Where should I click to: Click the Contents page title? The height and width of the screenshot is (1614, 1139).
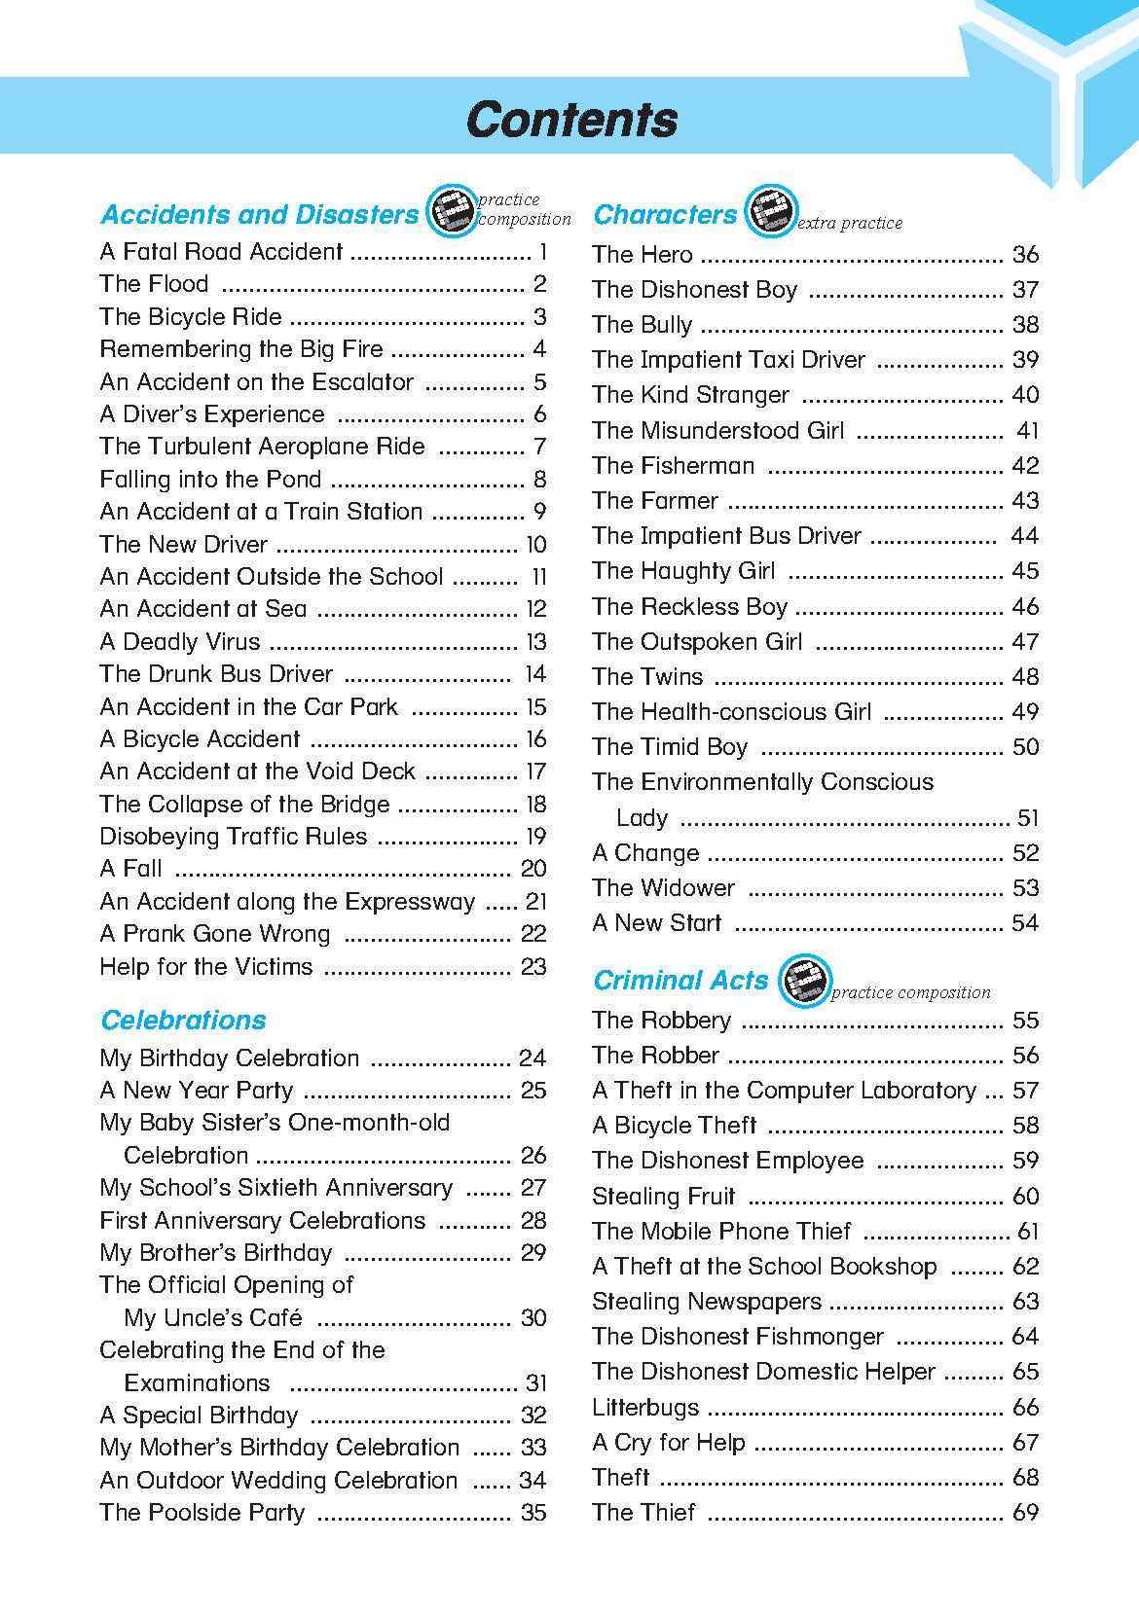pyautogui.click(x=571, y=120)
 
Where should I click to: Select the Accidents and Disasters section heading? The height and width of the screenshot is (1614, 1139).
pyautogui.click(x=259, y=214)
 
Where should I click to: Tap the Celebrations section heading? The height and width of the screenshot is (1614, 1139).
pyautogui.click(x=183, y=1020)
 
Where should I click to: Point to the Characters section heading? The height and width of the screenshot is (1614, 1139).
pyautogui.click(x=665, y=214)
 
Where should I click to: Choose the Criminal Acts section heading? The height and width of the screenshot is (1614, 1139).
pyautogui.click(x=680, y=980)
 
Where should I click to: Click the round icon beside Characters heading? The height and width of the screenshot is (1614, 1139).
pyautogui.click(x=770, y=211)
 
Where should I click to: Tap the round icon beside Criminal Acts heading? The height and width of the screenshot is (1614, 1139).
pyautogui.click(x=805, y=980)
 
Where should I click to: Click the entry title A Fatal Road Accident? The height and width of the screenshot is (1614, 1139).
pyautogui.click(x=221, y=252)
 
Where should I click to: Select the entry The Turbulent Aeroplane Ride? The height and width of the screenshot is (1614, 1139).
pyautogui.click(x=262, y=447)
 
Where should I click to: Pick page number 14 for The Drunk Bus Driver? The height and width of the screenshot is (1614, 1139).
pyautogui.click(x=534, y=674)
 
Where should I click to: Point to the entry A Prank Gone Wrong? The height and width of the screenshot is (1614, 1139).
pyautogui.click(x=215, y=934)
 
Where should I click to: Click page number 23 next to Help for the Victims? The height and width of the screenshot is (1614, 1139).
pyautogui.click(x=533, y=967)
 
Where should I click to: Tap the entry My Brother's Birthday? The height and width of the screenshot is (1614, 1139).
pyautogui.click(x=216, y=1252)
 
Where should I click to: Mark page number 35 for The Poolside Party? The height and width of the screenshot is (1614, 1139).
pyautogui.click(x=533, y=1513)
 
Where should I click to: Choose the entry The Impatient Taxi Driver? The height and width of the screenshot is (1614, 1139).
pyautogui.click(x=728, y=360)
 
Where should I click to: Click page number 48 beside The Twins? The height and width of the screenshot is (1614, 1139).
pyautogui.click(x=1025, y=677)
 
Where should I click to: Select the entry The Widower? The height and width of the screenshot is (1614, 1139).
pyautogui.click(x=663, y=888)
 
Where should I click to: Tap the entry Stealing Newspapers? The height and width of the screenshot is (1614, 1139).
pyautogui.click(x=707, y=1302)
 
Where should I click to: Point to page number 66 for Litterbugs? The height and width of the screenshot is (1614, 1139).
pyautogui.click(x=1025, y=1408)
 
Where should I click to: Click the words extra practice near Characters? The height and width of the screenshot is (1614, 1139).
pyautogui.click(x=850, y=224)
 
